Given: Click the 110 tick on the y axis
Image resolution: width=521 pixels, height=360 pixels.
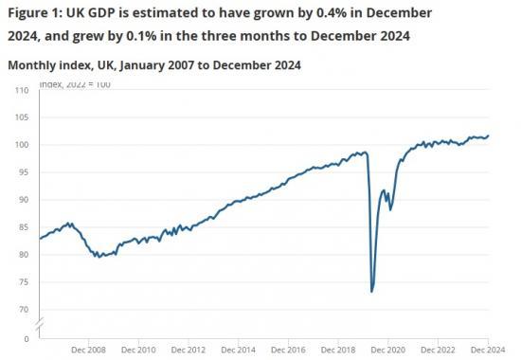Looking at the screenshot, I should tap(21, 90).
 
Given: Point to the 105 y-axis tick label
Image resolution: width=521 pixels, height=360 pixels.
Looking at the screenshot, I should tap(21, 117).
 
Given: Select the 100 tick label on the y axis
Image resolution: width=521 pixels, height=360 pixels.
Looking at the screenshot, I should tap(21, 145).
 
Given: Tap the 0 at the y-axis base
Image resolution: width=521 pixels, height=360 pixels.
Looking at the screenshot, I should tap(26, 338).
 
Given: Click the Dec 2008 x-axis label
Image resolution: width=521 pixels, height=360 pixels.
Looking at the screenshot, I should tap(88, 349).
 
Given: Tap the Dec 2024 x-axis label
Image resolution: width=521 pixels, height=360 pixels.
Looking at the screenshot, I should tap(487, 349).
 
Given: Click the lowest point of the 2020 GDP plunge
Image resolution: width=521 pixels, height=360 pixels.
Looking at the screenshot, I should tap(372, 291).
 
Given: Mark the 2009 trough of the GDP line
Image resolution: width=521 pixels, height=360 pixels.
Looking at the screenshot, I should tap(97, 257).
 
